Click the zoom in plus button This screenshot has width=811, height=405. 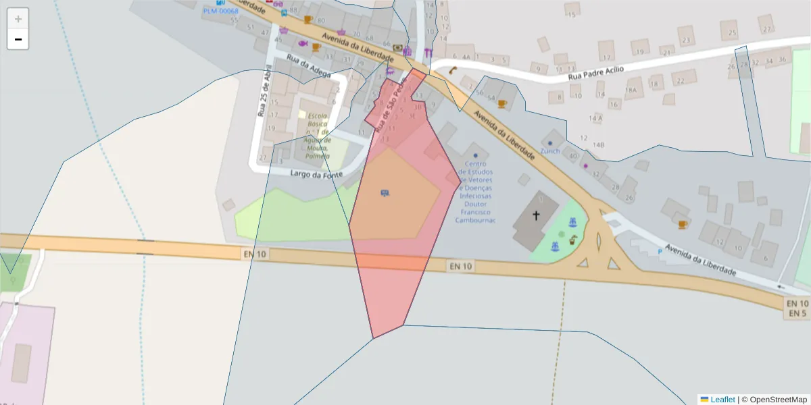tap(18, 19)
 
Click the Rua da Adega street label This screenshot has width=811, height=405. tap(308, 65)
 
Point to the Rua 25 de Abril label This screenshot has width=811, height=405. tap(264, 91)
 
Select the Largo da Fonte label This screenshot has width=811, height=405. tap(316, 174)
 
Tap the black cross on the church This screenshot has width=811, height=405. tap(537, 215)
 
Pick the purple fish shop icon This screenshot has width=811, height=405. tap(303, 43)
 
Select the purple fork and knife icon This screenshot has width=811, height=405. tap(428, 52)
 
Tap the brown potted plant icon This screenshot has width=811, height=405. tap(572, 240)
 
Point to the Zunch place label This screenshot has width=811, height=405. tap(549, 151)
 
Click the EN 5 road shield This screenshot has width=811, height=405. tap(797, 314)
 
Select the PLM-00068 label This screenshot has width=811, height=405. tap(220, 11)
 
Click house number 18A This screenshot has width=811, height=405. tap(631, 90)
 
